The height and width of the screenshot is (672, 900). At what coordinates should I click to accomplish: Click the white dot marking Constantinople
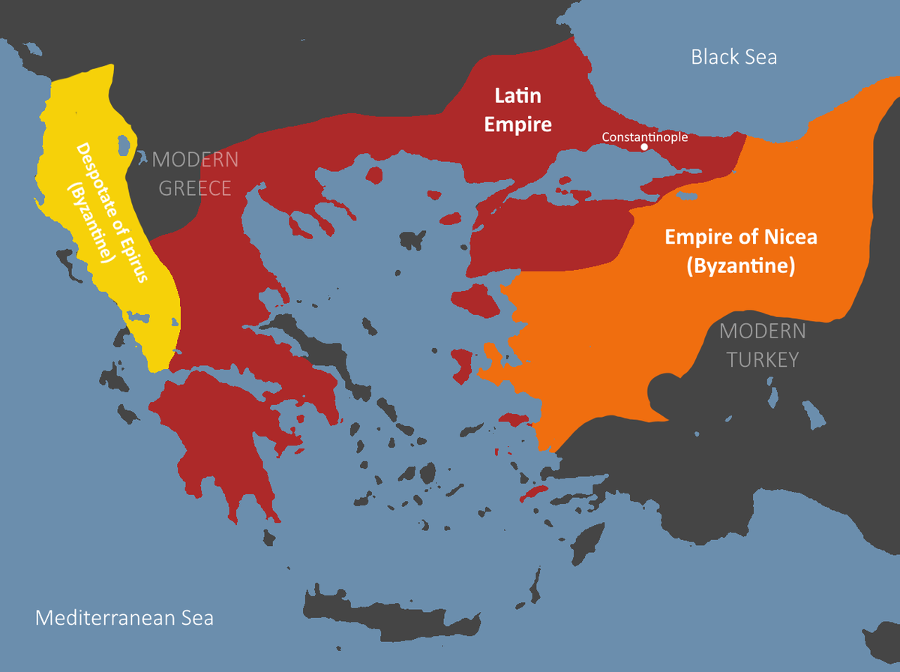pyautogui.click(x=644, y=148)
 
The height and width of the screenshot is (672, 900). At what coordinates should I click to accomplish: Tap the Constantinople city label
pyautogui.click(x=644, y=136)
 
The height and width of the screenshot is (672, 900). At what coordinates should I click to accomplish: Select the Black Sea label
pyautogui.click(x=733, y=57)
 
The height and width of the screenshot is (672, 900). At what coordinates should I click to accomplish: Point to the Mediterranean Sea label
pyautogui.click(x=124, y=618)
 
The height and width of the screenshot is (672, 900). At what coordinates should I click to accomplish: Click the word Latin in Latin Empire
pyautogui.click(x=517, y=96)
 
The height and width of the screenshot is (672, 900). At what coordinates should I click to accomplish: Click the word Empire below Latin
pyautogui.click(x=517, y=124)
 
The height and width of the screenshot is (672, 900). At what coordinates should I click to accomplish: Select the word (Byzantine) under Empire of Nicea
pyautogui.click(x=740, y=265)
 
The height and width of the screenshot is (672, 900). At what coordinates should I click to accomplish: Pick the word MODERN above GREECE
pyautogui.click(x=195, y=160)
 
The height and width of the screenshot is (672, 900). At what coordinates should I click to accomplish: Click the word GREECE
pyautogui.click(x=195, y=187)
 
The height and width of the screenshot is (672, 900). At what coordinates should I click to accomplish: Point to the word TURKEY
pyautogui.click(x=763, y=359)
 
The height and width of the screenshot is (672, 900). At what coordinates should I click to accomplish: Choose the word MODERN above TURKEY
pyautogui.click(x=763, y=331)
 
